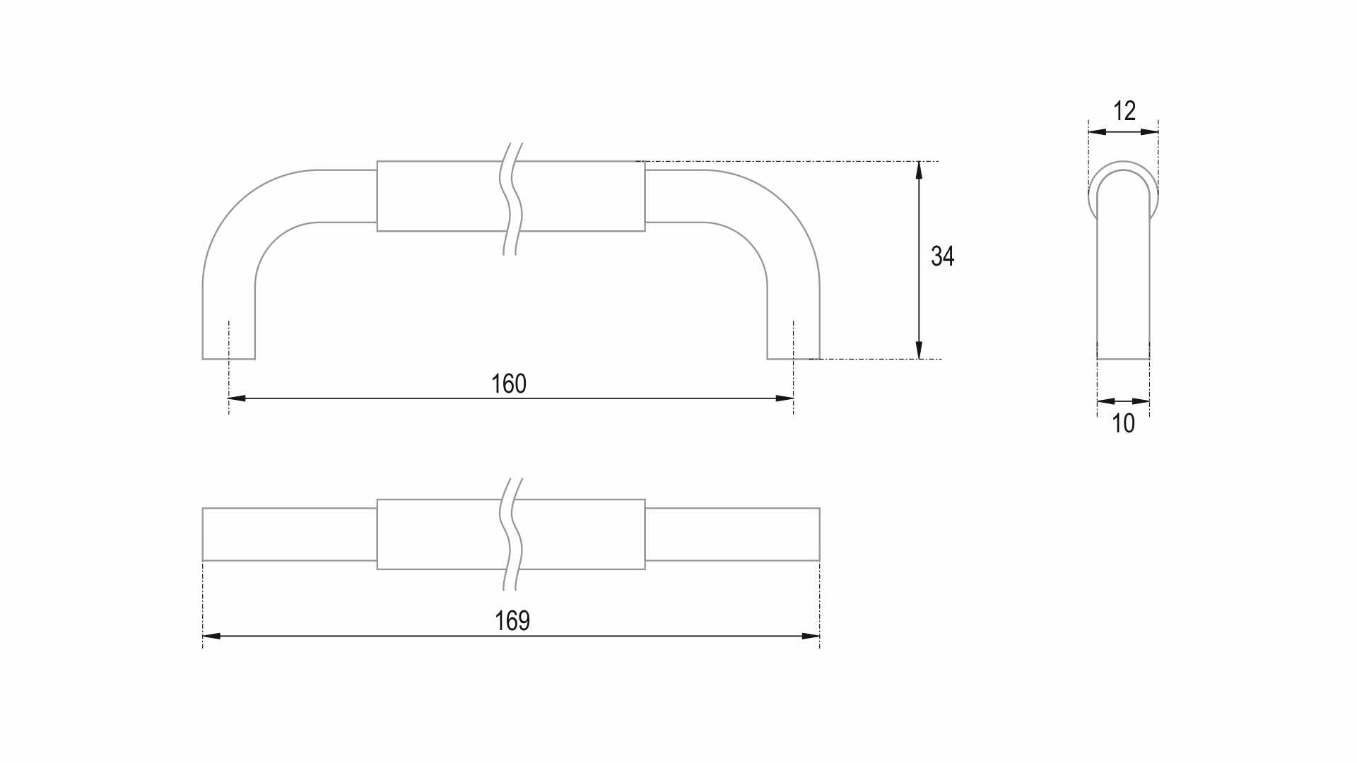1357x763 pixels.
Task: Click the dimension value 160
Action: pyautogui.click(x=509, y=384)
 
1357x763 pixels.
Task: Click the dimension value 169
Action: pyautogui.click(x=512, y=620)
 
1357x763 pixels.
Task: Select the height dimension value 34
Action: pyautogui.click(x=943, y=256)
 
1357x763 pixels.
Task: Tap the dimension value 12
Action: pyautogui.click(x=1124, y=111)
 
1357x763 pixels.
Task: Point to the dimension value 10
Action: pyautogui.click(x=1123, y=423)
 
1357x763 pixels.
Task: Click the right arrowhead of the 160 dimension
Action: pyautogui.click(x=785, y=398)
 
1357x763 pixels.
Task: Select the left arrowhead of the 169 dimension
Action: pyautogui.click(x=211, y=636)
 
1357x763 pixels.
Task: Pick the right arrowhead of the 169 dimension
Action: pyautogui.click(x=811, y=636)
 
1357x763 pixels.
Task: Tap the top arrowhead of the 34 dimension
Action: pyautogui.click(x=919, y=170)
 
